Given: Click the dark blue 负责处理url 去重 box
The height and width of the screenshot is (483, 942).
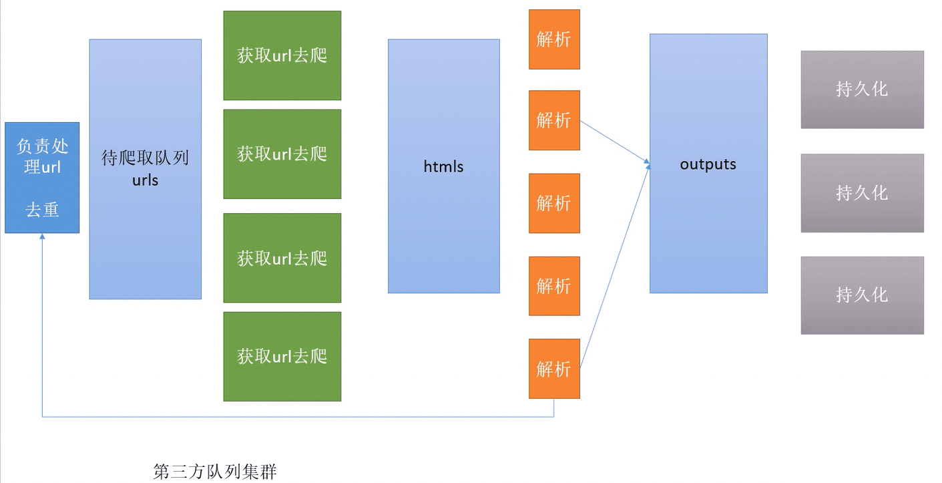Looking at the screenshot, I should click(42, 178).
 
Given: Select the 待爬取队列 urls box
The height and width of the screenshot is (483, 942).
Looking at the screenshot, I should click(145, 169).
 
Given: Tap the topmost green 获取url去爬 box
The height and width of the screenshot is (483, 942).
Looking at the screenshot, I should click(282, 55).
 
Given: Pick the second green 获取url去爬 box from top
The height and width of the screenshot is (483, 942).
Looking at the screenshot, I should click(282, 154).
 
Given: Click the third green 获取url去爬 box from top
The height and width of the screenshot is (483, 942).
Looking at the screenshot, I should click(282, 258).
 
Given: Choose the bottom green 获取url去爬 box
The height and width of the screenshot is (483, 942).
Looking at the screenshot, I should click(282, 356).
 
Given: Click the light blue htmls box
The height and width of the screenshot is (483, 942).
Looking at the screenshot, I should click(443, 166).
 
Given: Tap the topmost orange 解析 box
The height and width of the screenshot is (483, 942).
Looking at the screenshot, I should click(554, 39).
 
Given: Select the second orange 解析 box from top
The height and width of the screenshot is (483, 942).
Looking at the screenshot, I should click(554, 120).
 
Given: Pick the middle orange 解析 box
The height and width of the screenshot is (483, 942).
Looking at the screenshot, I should click(554, 203).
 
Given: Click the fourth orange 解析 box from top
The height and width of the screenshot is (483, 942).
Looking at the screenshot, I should click(554, 286).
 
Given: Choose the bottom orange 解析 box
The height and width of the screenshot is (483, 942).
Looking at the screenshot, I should click(554, 369).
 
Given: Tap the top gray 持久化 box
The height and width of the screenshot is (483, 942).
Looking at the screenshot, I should click(862, 90).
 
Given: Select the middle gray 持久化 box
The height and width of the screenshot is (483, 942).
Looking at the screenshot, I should click(862, 193).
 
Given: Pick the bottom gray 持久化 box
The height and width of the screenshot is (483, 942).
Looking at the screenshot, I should click(862, 295).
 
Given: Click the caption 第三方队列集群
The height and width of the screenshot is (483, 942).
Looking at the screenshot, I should click(214, 472).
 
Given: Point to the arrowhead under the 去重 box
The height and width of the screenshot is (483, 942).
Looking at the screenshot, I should click(42, 237).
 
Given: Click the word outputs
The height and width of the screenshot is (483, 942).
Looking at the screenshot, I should click(708, 164).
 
